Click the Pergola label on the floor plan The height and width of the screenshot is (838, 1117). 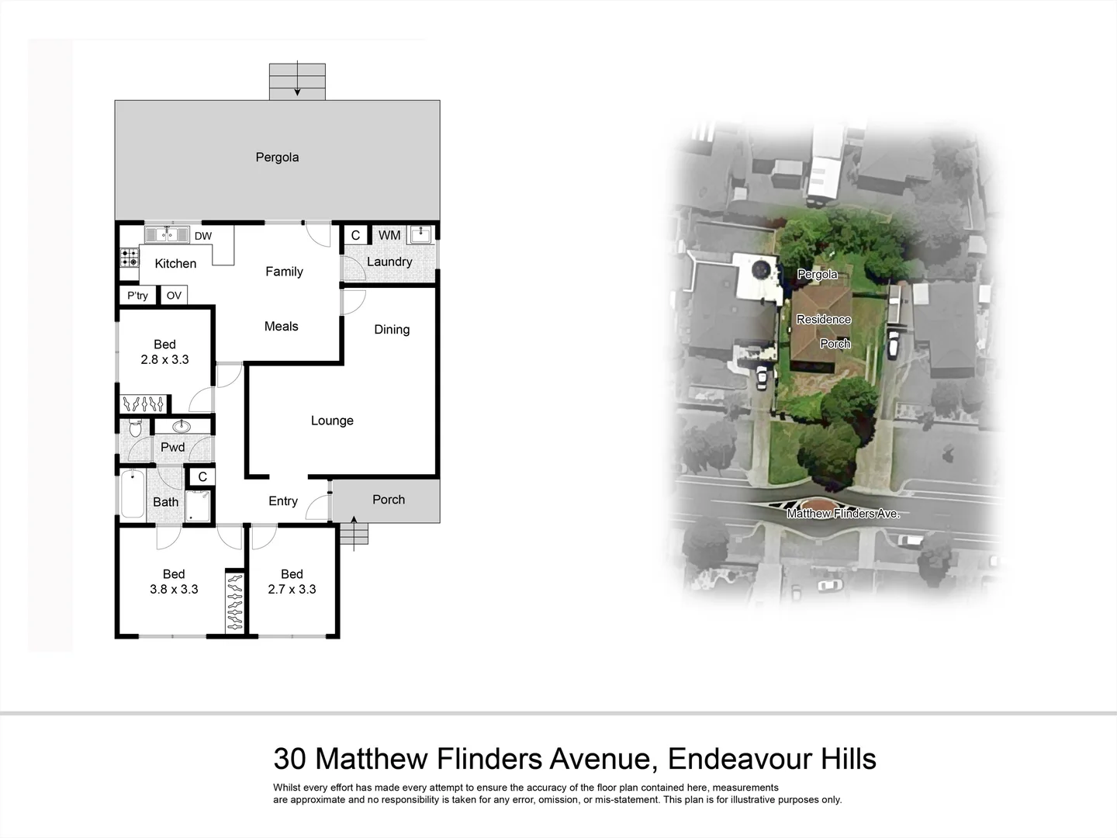(277, 158)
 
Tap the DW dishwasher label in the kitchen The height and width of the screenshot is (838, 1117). (203, 236)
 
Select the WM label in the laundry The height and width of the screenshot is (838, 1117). (389, 235)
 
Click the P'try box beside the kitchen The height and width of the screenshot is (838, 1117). (137, 296)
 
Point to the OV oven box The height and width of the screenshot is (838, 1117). (174, 296)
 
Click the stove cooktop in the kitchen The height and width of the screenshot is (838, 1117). (129, 257)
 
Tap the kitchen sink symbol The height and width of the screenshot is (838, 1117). (167, 234)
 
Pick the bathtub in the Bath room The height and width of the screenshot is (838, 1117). (133, 494)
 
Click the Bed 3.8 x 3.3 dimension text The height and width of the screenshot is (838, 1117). (174, 589)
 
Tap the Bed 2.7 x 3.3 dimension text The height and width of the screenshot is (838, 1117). (292, 589)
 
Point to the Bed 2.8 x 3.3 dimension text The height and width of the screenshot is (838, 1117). (164, 359)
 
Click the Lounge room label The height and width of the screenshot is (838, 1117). (332, 421)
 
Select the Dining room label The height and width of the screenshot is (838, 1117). (392, 330)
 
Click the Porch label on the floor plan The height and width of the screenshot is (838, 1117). (389, 500)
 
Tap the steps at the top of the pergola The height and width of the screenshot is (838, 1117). (297, 81)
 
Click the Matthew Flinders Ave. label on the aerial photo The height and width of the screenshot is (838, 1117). (843, 514)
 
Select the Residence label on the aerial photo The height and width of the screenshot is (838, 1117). (824, 320)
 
